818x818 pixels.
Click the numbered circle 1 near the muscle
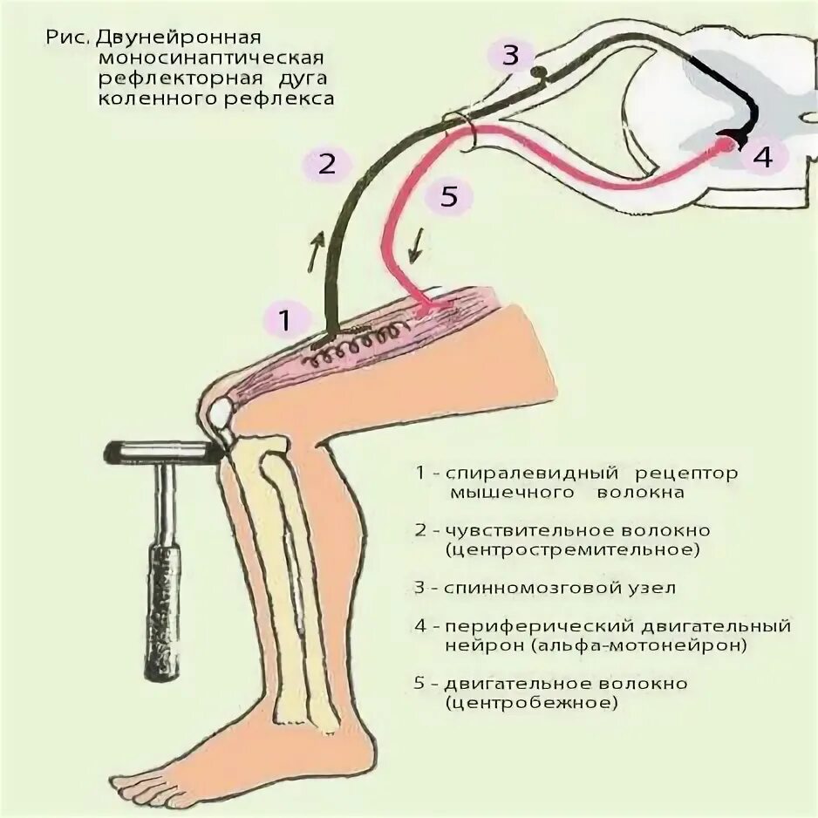click(284, 319)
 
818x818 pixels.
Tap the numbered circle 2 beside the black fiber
click(327, 164)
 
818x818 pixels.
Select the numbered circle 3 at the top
click(511, 57)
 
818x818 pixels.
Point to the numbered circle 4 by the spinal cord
click(762, 158)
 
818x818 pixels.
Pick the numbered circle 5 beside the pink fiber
click(449, 197)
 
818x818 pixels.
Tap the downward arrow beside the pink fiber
click(419, 247)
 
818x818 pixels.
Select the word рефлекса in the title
click(290, 99)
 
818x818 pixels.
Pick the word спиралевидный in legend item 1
click(525, 474)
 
